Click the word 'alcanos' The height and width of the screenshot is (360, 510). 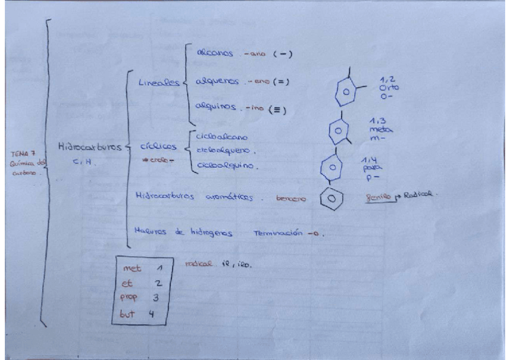[x=215, y=53]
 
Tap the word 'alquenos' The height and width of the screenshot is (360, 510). [x=216, y=81]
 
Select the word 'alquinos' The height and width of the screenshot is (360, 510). [x=215, y=109]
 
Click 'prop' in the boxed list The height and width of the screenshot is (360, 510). [x=132, y=297]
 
